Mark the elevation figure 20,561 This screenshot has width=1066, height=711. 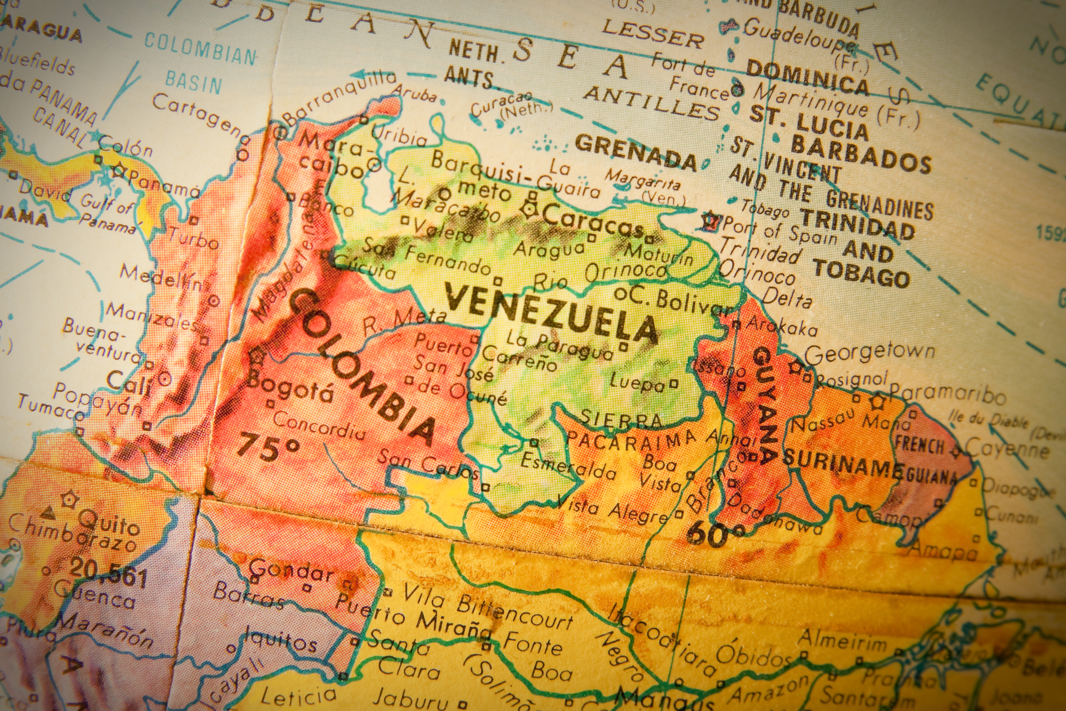pos(108,573)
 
